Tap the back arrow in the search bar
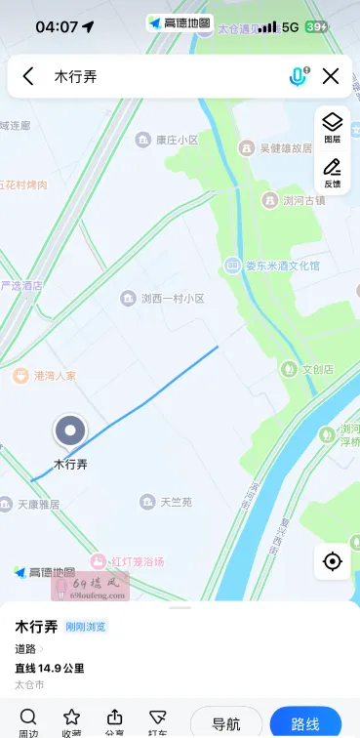(x=28, y=76)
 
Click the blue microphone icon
(x=298, y=76)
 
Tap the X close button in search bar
(x=331, y=76)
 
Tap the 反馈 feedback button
(x=332, y=173)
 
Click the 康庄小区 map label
(x=176, y=140)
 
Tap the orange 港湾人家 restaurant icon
(x=20, y=375)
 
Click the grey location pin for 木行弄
(x=69, y=430)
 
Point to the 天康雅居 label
(x=38, y=505)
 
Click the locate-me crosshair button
(x=332, y=561)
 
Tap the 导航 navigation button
(x=226, y=723)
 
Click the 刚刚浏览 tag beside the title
(x=86, y=627)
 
